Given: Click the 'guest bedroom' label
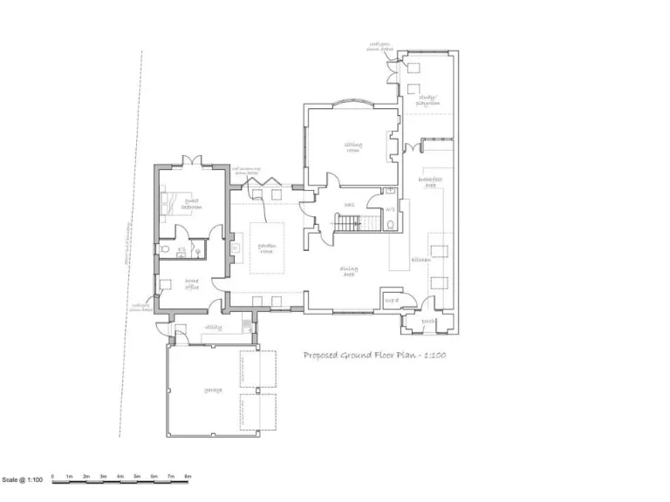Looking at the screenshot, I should tap(191, 205).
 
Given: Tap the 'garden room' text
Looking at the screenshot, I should tap(266, 249).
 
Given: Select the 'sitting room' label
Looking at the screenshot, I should tap(353, 146).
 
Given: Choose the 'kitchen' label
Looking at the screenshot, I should tap(420, 261).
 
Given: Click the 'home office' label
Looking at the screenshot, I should tap(191, 284).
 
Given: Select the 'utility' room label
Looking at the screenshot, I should tap(213, 328).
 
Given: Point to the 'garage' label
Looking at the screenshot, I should tap(213, 390).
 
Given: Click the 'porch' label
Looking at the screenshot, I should tap(428, 322).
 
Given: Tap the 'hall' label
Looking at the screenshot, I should tap(348, 206).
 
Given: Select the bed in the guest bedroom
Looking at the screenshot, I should tap(168, 201).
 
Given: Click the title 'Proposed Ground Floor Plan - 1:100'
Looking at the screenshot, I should tap(375, 356).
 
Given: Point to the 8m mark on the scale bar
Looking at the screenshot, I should tap(188, 477).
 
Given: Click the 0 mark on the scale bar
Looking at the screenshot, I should tap(52, 477).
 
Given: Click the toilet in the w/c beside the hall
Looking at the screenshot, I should tap(389, 223).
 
